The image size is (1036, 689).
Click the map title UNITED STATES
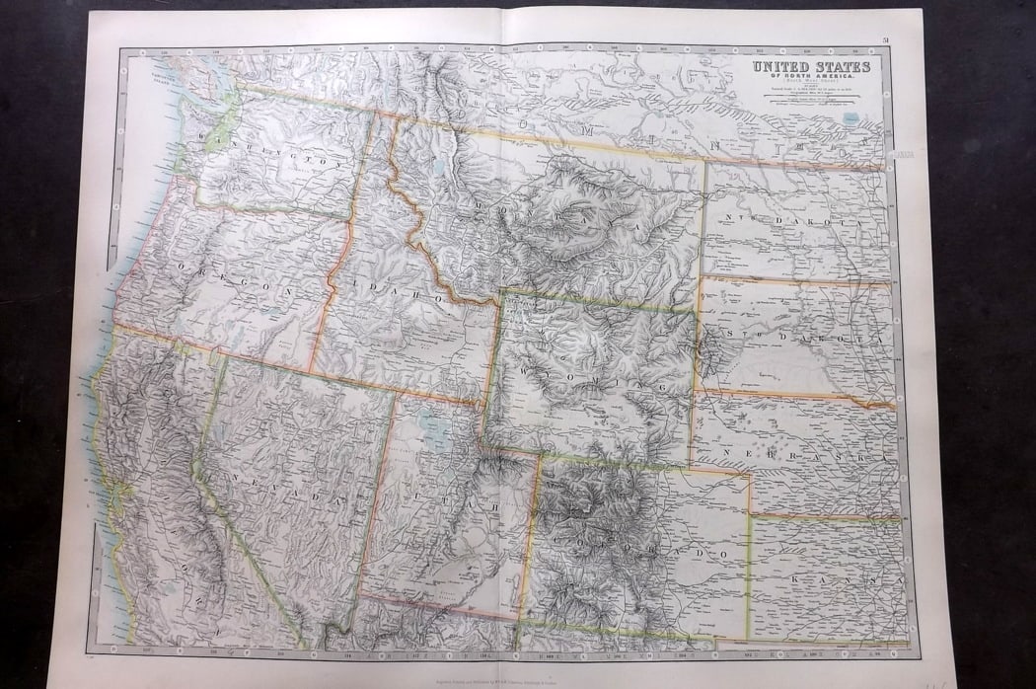(811, 67)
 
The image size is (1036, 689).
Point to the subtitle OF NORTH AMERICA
(811, 78)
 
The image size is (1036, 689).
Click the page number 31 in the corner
(887, 39)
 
